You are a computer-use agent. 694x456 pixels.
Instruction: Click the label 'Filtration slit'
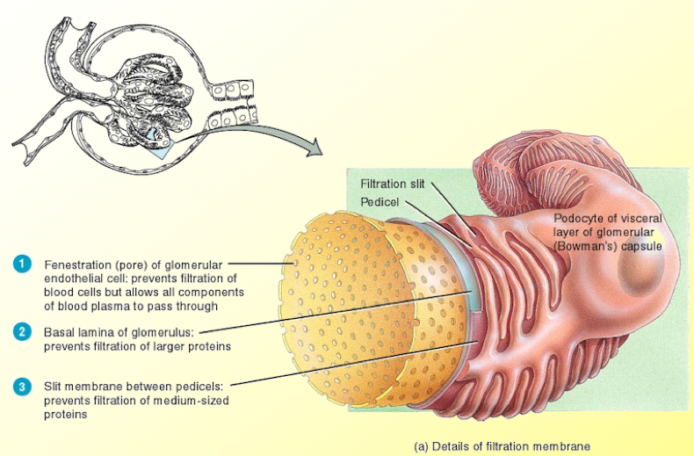point(393,184)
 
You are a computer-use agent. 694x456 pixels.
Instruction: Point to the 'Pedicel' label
point(379,202)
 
